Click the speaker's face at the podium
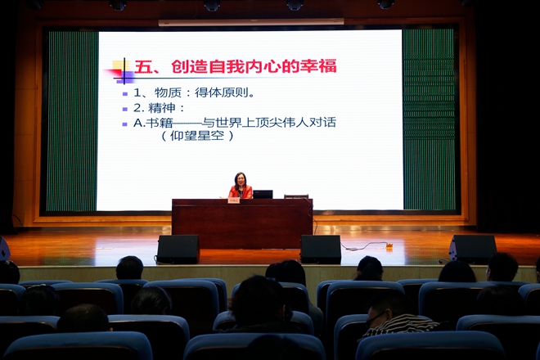coord(240,181)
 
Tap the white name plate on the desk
coord(233,200)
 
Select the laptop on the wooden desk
coord(263,194)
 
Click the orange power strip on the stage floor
coord(389,245)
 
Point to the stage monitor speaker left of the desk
coord(178,250)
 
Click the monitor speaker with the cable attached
coord(321,250)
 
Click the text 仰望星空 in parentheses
coord(197,135)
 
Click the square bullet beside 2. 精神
coord(125,109)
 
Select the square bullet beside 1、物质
coord(125,94)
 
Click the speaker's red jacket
coord(241,192)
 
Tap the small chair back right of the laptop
coord(296,196)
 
